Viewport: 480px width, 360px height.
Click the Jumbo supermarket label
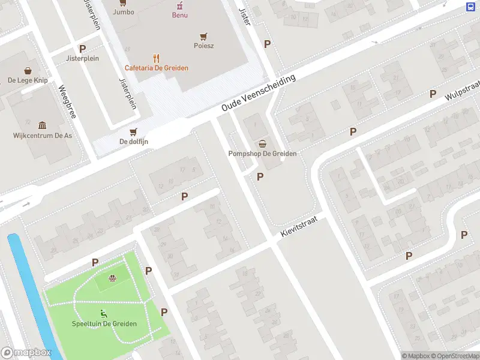[x=123, y=11]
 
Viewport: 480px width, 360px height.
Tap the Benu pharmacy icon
[x=179, y=5]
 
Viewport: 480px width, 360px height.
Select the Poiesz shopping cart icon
[x=204, y=36]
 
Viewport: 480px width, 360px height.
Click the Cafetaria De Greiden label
[x=157, y=68]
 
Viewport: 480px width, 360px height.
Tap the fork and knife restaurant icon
[x=157, y=58]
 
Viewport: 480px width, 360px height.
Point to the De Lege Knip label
[x=28, y=80]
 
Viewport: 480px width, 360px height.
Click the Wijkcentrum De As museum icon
[x=43, y=125]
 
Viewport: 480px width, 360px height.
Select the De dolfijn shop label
[x=134, y=142]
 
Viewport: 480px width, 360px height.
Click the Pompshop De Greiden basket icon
[x=262, y=143]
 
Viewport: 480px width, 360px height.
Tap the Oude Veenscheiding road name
[x=259, y=93]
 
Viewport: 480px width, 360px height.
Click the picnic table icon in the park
[x=112, y=278]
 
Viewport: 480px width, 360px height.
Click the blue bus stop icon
[x=470, y=7]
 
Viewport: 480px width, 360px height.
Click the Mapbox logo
[x=26, y=353]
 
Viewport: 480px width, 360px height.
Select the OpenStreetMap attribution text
[x=454, y=356]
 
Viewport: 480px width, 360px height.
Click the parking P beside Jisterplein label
[x=82, y=49]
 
